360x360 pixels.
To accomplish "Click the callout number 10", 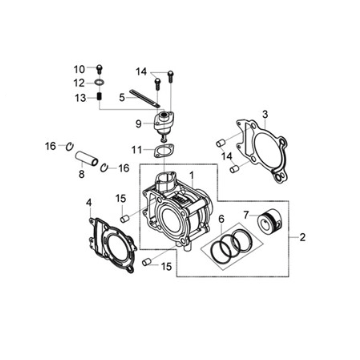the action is click(80, 69).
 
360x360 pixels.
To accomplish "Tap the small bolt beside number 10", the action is click(99, 69).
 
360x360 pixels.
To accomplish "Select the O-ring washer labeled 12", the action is click(99, 82).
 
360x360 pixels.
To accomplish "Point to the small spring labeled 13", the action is click(99, 97).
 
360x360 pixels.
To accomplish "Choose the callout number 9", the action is click(139, 124).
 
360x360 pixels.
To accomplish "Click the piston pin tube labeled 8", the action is click(86, 158).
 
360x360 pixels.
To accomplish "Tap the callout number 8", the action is click(82, 174).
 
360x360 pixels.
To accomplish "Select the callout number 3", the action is click(265, 115).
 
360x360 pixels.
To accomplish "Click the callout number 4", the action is click(89, 202).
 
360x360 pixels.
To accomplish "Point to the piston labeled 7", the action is click(270, 221).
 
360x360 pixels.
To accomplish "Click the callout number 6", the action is click(221, 219).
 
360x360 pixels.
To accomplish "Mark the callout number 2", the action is click(302, 237).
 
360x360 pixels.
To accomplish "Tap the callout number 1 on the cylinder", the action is click(192, 175).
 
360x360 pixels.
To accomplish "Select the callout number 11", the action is click(137, 151).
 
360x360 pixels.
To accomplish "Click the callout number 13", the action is click(80, 98).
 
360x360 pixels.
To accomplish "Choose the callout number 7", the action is click(246, 215).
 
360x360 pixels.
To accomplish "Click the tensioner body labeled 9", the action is click(163, 125).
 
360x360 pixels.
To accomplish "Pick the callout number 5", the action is click(122, 98).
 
